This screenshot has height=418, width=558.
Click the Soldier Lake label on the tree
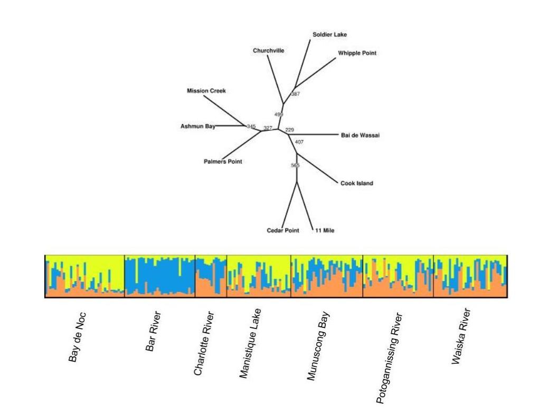click(x=329, y=35)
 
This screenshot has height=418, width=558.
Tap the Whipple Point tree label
click(x=357, y=53)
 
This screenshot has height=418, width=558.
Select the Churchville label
click(x=268, y=51)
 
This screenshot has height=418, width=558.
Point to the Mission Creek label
click(x=206, y=91)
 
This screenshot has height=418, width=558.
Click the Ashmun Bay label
click(x=198, y=126)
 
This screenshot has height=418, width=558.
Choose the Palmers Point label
click(x=223, y=162)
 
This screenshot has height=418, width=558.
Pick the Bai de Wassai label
click(x=361, y=135)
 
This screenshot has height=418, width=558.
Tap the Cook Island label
click(x=357, y=183)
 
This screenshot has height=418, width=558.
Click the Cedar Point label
click(x=283, y=230)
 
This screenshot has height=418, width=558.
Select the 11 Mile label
click(x=325, y=230)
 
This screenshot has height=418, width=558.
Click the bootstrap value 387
click(x=296, y=94)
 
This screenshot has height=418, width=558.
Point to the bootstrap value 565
click(x=295, y=166)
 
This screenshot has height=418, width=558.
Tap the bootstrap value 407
click(x=299, y=142)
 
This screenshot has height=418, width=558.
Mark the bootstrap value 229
click(x=289, y=129)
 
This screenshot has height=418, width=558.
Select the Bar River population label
click(x=153, y=332)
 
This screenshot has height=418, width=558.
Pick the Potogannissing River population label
click(x=389, y=358)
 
